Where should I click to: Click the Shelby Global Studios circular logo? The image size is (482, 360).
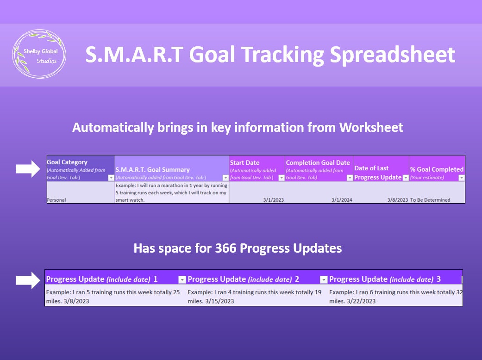tap(39, 55)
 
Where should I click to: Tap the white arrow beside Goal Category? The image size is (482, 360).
tap(29, 170)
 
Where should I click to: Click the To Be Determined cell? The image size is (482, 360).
tap(430, 200)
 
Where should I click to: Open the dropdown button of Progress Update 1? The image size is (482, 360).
tap(182, 279)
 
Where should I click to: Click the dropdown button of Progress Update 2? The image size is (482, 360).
tap(324, 279)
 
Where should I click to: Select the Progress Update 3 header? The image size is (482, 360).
tap(385, 279)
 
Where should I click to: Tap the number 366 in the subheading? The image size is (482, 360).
tap(225, 248)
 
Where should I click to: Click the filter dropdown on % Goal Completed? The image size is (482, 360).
tap(461, 178)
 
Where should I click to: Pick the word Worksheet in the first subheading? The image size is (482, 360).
tap(371, 128)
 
